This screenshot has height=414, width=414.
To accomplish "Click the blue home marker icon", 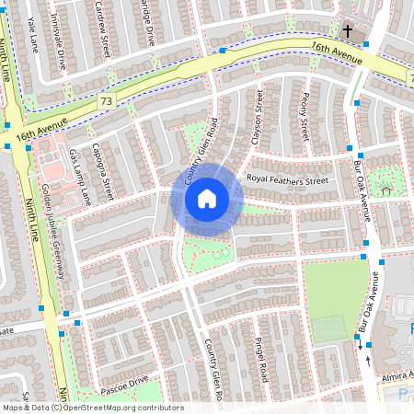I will point(207,199).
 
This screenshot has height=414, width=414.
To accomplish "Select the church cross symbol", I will point(348,31).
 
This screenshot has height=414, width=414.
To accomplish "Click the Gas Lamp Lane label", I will point(80,177).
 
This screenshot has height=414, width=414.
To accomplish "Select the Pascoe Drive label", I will point(125,380).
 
